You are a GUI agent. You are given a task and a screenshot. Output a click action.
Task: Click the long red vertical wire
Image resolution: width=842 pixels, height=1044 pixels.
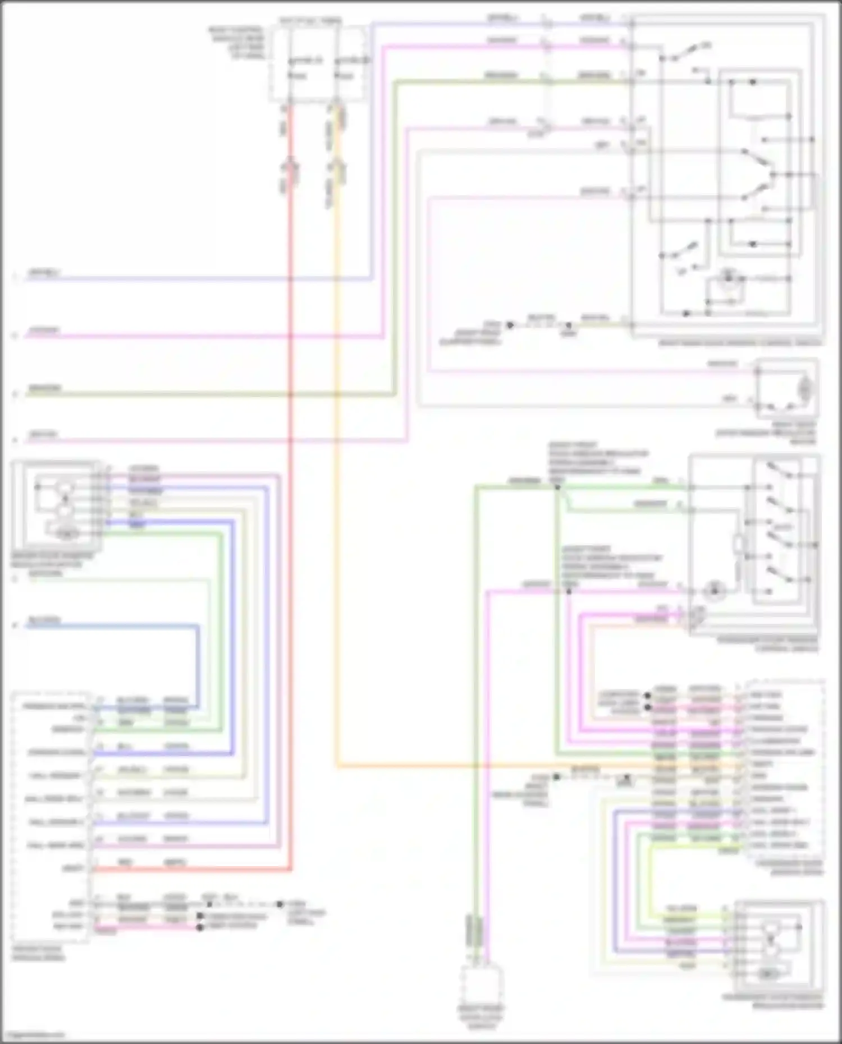coord(291,505)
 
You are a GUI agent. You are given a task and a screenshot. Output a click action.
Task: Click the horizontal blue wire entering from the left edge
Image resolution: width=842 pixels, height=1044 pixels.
coord(112,625)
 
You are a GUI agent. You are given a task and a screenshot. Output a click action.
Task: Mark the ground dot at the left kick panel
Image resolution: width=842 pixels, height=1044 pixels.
coord(280,904)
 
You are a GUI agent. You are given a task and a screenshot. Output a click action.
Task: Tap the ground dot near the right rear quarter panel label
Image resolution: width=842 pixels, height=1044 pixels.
coord(510,325)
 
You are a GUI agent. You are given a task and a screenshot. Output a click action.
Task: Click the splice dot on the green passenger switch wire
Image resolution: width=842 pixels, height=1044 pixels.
coord(557,487)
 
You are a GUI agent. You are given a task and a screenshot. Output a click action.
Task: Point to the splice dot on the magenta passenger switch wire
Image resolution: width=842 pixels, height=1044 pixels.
coord(568,591)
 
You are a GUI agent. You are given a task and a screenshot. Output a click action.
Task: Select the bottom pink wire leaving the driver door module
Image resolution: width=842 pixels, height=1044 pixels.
coord(146,927)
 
